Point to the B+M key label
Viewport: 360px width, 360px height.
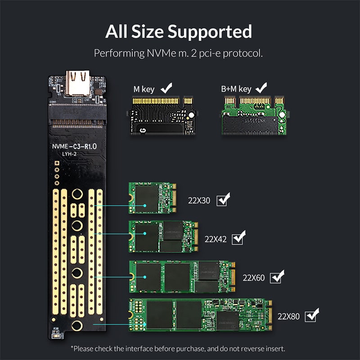(236, 89)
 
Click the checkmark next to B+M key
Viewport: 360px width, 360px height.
(261, 86)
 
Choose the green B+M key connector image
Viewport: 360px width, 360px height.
(254, 115)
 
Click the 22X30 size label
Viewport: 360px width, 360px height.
(199, 201)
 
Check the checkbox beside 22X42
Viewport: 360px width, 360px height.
(238, 237)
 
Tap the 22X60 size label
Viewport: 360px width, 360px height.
(254, 278)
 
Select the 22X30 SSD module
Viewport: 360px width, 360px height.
(152, 198)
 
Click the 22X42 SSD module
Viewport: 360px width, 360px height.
(163, 236)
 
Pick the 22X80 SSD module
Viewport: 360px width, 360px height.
(201, 315)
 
